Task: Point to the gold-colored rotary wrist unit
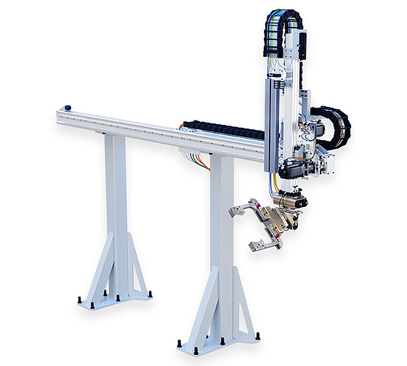click(281, 215)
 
